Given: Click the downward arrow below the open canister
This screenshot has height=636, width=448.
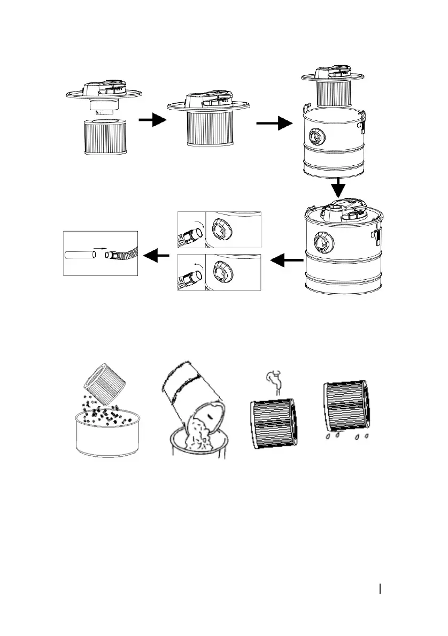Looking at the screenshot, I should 337,188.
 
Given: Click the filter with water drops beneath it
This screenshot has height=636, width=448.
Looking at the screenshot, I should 346,406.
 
